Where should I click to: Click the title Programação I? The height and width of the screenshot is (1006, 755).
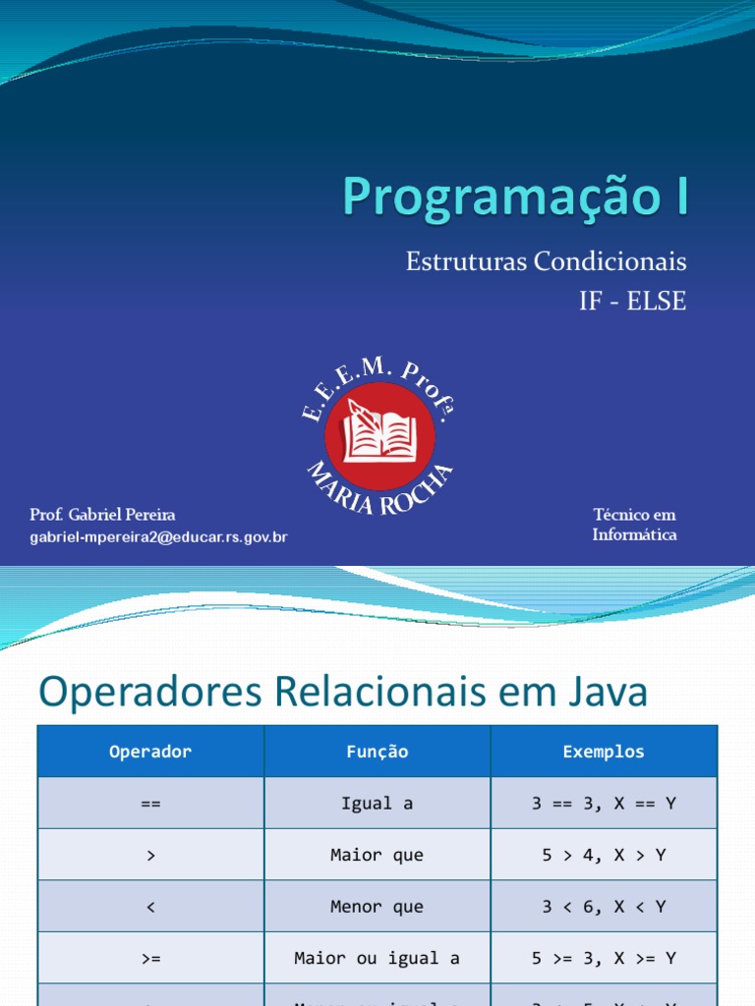coord(516,196)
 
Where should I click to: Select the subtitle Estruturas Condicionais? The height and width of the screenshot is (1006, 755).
coord(546,262)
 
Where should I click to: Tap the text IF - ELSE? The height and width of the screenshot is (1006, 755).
coord(632,302)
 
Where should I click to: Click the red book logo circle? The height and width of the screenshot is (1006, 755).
coord(378,435)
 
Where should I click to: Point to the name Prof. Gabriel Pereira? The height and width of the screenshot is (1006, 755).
coord(103,515)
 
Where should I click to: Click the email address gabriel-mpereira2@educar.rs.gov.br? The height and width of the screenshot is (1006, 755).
coord(158,536)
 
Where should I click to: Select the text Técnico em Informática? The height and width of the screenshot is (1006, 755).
coord(634,525)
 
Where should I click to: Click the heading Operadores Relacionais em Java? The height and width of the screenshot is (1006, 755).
coord(343,693)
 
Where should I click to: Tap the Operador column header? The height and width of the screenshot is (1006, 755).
coord(150,752)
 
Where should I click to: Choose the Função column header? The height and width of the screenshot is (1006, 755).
coord(377,752)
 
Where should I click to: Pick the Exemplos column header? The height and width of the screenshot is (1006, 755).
coord(604,752)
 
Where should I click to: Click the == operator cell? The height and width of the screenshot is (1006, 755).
coord(150,803)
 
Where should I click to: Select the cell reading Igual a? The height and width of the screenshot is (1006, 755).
coord(377,803)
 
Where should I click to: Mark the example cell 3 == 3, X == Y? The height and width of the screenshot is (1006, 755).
coord(604,803)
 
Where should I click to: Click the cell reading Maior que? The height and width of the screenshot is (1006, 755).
coord(377,855)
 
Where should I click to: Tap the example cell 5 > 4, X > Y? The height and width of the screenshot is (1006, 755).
coord(604,855)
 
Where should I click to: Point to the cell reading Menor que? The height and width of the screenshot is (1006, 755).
coord(377,907)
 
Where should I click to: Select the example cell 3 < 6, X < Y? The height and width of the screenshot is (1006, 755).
coord(604,907)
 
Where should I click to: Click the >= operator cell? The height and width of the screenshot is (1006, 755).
coord(150,958)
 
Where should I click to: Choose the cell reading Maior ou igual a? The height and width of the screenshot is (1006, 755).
coord(377,958)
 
